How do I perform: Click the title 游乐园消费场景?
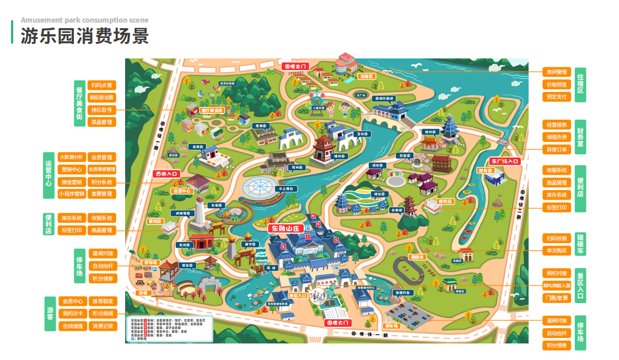(85, 36)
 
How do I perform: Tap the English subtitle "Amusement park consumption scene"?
(84, 20)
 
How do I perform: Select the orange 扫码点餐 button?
(102, 85)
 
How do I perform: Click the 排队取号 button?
(102, 110)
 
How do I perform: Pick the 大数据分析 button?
(72, 157)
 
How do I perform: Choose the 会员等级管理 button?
(102, 169)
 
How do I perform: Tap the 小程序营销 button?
(72, 194)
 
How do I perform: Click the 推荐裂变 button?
(103, 302)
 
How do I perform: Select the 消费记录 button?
(103, 326)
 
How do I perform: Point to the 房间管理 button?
(556, 72)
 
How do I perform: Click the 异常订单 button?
(556, 149)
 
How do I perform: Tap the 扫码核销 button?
(556, 238)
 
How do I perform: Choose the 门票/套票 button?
(556, 298)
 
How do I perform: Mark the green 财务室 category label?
(580, 137)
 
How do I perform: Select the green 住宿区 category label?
(580, 84)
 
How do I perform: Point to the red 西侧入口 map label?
(166, 174)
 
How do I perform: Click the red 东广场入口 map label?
(505, 162)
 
